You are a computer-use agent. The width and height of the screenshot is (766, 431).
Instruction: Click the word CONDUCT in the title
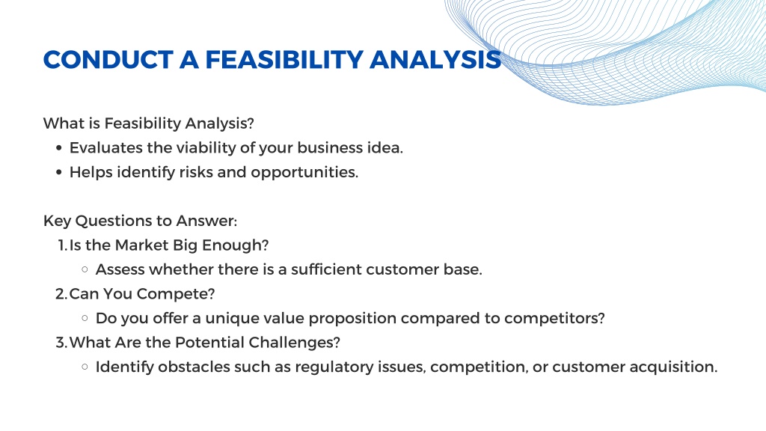pyautogui.click(x=108, y=60)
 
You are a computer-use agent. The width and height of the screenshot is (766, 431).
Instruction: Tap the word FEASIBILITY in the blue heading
pyautogui.click(x=284, y=60)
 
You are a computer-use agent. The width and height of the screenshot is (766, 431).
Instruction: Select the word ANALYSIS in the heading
pyautogui.click(x=435, y=60)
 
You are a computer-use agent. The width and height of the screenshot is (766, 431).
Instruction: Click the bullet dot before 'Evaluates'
pyautogui.click(x=59, y=148)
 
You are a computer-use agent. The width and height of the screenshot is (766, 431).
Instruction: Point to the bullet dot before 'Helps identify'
pyautogui.click(x=59, y=173)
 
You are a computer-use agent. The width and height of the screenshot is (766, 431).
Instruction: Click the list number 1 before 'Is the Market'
pyautogui.click(x=61, y=245)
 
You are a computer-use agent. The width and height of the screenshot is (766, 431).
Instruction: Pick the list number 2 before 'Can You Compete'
pyautogui.click(x=61, y=293)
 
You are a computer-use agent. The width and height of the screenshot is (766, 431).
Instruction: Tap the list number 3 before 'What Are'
pyautogui.click(x=61, y=343)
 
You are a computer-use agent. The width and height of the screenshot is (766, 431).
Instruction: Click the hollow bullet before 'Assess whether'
pyautogui.click(x=85, y=269)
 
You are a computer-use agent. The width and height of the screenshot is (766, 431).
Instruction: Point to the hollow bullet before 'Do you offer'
pyautogui.click(x=85, y=318)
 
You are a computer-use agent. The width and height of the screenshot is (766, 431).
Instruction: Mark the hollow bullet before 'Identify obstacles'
pyautogui.click(x=85, y=367)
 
